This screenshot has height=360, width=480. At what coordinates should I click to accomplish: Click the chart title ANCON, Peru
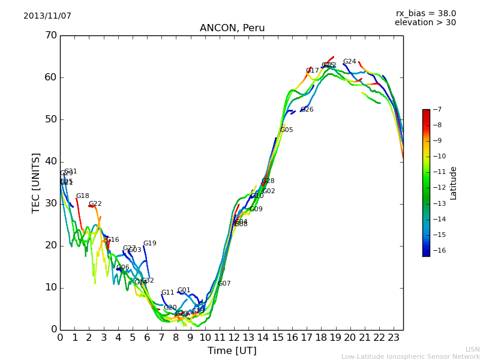coord(232,28)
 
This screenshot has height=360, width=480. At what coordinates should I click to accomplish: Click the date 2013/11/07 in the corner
coord(47,16)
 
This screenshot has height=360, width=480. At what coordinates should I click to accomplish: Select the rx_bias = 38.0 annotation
coord(425,13)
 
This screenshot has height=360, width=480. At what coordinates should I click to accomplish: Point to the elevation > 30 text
coord(425,23)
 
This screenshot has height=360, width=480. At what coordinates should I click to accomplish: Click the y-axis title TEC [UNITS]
coord(36,182)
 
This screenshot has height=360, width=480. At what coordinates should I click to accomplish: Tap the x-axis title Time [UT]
coord(232,351)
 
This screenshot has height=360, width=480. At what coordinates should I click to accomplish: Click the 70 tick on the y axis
coord(50,35)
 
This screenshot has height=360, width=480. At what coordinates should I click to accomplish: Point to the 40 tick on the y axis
coord(50,161)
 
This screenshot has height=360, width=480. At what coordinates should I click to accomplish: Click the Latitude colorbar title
coord(454,183)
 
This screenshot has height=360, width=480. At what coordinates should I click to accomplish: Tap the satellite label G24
coord(349,62)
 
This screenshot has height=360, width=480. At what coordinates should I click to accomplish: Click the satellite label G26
coord(307,110)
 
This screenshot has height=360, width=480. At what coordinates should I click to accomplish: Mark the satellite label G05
coord(287,130)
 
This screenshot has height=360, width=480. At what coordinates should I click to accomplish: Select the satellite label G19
coord(149,244)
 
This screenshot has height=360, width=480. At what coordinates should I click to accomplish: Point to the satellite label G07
coord(224,284)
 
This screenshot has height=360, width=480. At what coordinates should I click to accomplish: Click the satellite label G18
coord(82,196)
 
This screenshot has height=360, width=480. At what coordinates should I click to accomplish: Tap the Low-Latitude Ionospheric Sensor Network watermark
coord(410,356)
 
